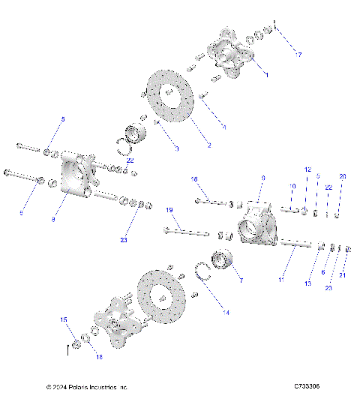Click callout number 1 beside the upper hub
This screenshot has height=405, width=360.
tap(267, 75)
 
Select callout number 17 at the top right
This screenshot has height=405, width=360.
tap(298, 55)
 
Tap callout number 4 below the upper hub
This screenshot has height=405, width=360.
tap(223, 128)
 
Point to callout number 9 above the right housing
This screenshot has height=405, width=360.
tap(263, 178)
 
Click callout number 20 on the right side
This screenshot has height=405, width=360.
tap(343, 176)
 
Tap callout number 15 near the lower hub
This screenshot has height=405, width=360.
tap(63, 319)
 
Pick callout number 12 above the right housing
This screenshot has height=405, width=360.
tap(307, 170)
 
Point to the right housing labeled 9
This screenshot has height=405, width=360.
tap(256, 225)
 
